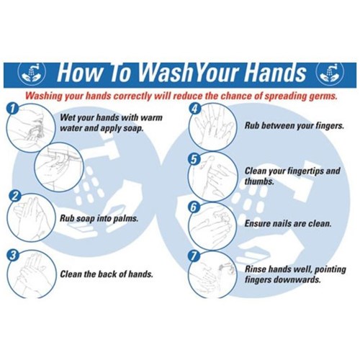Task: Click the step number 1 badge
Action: (x=12, y=109)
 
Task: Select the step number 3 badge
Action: (x=13, y=255)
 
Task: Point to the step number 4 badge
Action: (x=194, y=109)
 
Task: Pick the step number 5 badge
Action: (x=194, y=158)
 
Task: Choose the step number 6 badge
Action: (x=194, y=207)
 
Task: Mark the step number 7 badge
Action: (x=194, y=256)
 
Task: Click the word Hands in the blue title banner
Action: (x=275, y=72)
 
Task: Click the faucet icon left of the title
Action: (x=32, y=73)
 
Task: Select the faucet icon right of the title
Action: (x=330, y=73)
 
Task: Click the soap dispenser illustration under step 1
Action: (x=60, y=166)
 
